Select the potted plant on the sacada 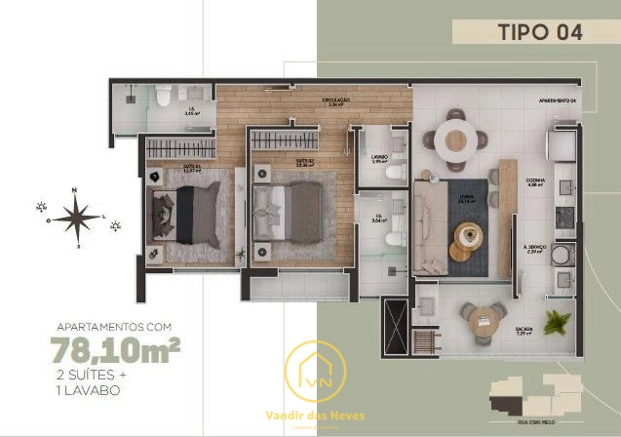click(558, 322)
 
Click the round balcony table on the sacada click(485, 321)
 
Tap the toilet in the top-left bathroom click(163, 96)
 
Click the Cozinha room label click(534, 181)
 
